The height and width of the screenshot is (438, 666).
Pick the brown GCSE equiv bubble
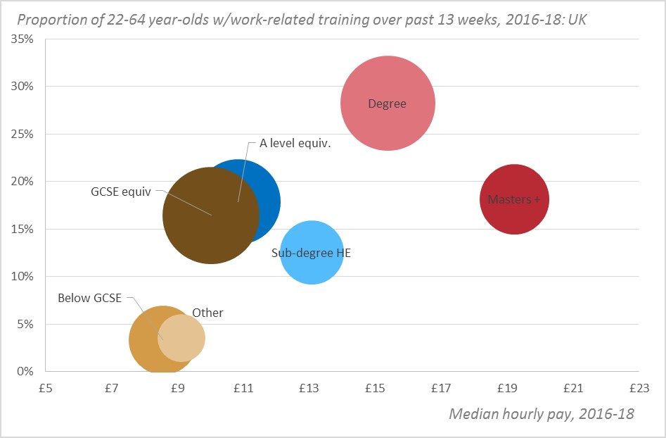pyautogui.click(x=204, y=225)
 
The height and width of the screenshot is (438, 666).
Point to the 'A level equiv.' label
pyautogui.click(x=295, y=143)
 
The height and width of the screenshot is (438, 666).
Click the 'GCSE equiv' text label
pyautogui.click(x=121, y=191)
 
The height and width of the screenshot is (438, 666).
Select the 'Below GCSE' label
pyautogui.click(x=90, y=298)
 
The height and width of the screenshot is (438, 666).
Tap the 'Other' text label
pyautogui.click(x=207, y=313)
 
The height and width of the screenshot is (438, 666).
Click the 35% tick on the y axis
pyautogui.click(x=23, y=39)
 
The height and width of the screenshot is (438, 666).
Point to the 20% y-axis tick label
pyautogui.click(x=23, y=181)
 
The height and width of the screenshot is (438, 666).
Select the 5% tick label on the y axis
pyautogui.click(x=25, y=324)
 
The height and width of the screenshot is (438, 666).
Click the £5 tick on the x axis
pyautogui.click(x=46, y=388)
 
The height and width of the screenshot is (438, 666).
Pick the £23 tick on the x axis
pyautogui.click(x=639, y=388)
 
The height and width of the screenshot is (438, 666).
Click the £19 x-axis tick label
pyautogui.click(x=507, y=388)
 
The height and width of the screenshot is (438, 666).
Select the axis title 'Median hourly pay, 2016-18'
pyautogui.click(x=541, y=413)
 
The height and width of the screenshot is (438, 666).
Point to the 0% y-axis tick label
pyautogui.click(x=25, y=371)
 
